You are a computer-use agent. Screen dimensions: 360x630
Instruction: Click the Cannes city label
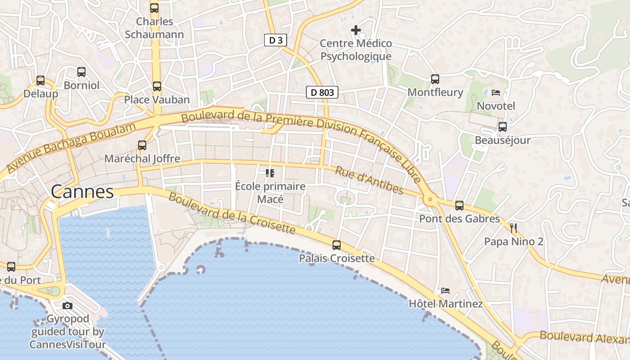pyautogui.click(x=82, y=192)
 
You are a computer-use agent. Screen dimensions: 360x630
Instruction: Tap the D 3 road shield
pyautogui.click(x=275, y=40)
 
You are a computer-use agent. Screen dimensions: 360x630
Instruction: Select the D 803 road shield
pyautogui.click(x=322, y=93)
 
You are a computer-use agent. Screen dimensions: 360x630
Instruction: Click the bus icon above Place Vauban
pyautogui.click(x=157, y=86)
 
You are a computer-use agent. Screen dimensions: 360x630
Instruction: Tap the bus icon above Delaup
pyautogui.click(x=40, y=81)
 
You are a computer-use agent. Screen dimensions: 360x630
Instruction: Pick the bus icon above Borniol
pyautogui.click(x=81, y=72)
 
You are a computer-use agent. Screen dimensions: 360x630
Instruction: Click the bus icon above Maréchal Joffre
pyautogui.click(x=142, y=145)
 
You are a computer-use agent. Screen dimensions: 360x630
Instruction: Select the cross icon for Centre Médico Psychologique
pyautogui.click(x=356, y=30)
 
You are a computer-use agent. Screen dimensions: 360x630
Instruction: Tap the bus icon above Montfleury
pyautogui.click(x=435, y=79)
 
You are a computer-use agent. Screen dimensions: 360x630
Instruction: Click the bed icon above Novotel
pyautogui.click(x=496, y=93)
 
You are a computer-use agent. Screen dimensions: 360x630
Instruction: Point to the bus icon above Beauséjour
pyautogui.click(x=503, y=127)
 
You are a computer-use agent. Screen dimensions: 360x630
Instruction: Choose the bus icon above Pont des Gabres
pyautogui.click(x=459, y=206)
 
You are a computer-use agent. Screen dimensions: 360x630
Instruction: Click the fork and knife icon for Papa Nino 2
pyautogui.click(x=513, y=228)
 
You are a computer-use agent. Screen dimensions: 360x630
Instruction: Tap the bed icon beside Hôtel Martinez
pyautogui.click(x=445, y=290)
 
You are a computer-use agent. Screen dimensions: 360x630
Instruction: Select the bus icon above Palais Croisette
pyautogui.click(x=337, y=245)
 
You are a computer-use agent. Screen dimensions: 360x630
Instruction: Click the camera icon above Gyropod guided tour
pyautogui.click(x=67, y=306)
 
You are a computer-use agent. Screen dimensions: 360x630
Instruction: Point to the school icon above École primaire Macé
pyautogui.click(x=270, y=173)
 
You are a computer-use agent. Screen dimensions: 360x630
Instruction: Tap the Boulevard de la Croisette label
pyautogui.click(x=232, y=213)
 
